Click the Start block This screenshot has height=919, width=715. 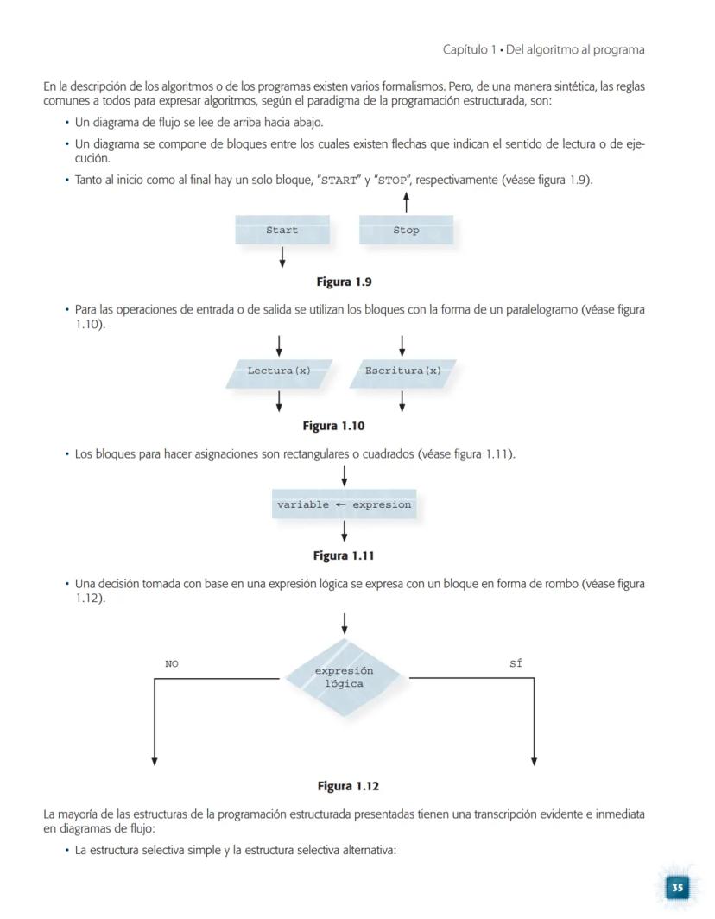click(x=282, y=231)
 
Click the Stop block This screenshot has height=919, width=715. click(x=406, y=231)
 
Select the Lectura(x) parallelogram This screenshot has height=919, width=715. click(x=279, y=371)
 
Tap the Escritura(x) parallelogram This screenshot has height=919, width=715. click(x=402, y=371)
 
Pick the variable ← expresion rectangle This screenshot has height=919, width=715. click(x=344, y=504)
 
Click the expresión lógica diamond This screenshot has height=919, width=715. click(x=344, y=677)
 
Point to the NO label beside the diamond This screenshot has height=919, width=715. click(x=172, y=664)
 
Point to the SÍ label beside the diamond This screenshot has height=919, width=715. click(x=516, y=664)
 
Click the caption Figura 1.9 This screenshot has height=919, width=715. click(x=344, y=282)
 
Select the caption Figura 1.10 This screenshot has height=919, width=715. click(x=333, y=426)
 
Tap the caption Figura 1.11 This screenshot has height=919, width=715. click(x=344, y=555)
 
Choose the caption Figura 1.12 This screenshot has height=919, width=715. click(x=348, y=786)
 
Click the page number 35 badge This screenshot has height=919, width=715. click(x=678, y=887)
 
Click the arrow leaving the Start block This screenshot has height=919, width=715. click(x=282, y=257)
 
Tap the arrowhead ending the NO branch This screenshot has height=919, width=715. click(x=155, y=760)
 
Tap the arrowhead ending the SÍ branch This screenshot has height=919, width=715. click(x=534, y=760)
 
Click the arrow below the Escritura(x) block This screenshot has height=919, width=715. click(x=402, y=402)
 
